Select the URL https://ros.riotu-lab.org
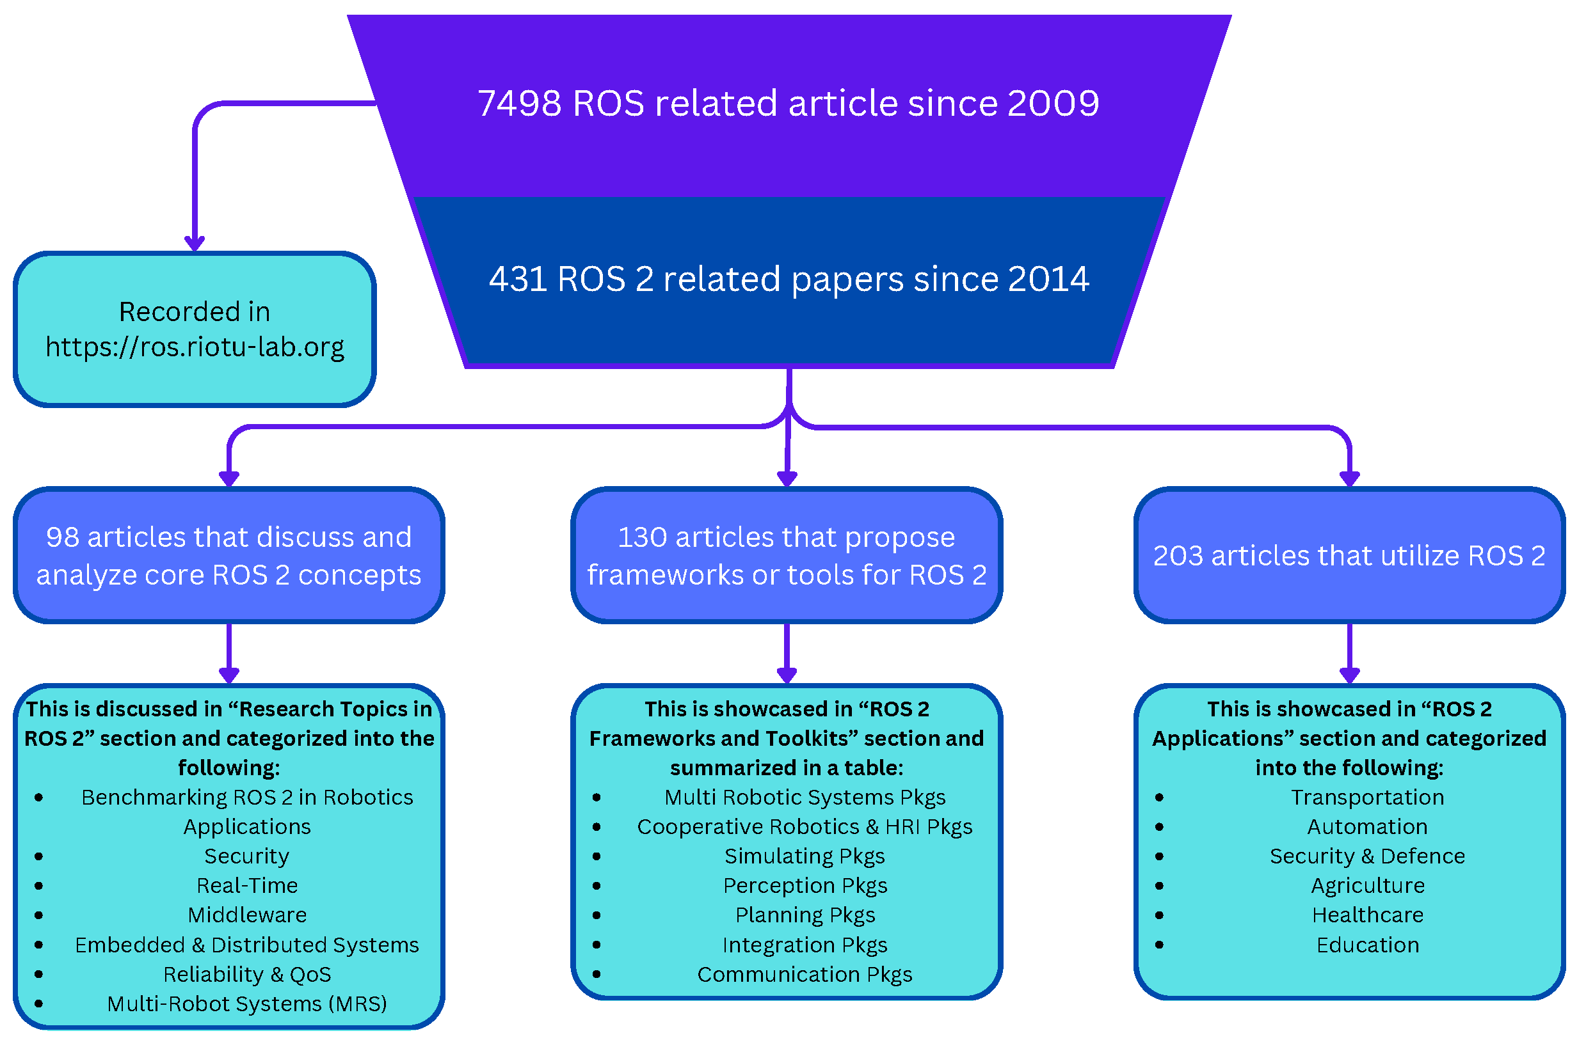195,347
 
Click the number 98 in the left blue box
62,538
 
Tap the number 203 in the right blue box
1177,557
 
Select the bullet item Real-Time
247,886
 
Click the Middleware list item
247,915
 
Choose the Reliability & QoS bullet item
247,975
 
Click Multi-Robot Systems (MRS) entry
247,1004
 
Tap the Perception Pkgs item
805,886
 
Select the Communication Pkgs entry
805,975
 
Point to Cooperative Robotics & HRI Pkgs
805,828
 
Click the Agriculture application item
1368,886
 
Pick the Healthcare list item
1368,915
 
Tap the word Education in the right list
1368,945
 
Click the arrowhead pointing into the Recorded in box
195,244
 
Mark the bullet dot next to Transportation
1159,798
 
